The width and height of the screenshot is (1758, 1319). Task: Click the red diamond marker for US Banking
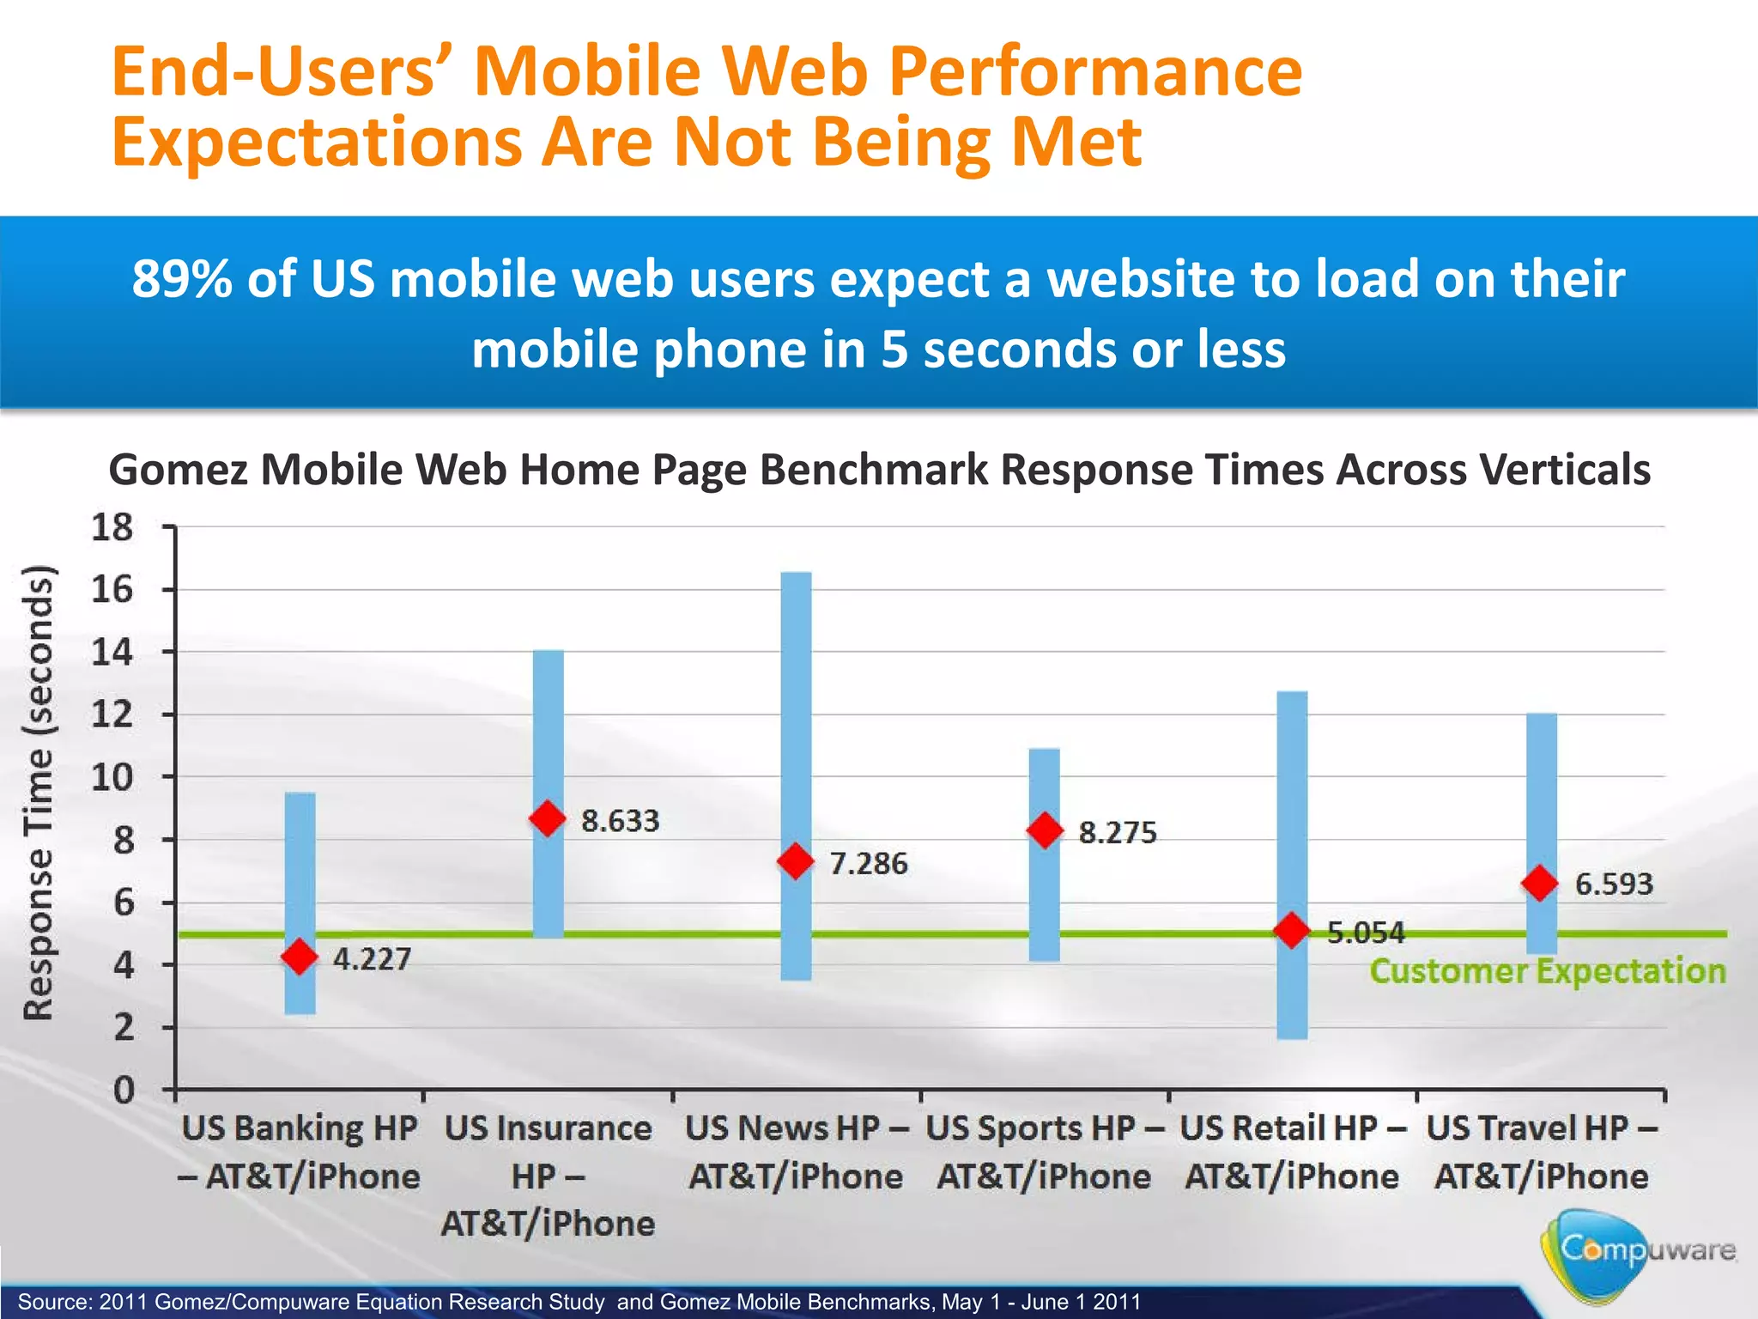click(x=300, y=956)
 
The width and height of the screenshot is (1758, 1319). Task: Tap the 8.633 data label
click(x=620, y=821)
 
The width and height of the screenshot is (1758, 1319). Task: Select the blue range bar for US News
click(x=796, y=704)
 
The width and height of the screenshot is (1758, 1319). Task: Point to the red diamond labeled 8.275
click(x=1045, y=830)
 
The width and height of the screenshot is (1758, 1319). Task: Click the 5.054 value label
click(x=1366, y=933)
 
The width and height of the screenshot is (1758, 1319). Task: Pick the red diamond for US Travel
click(x=1540, y=883)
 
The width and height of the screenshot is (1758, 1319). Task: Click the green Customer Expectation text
click(x=1547, y=971)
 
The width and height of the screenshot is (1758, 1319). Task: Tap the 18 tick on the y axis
click(x=112, y=527)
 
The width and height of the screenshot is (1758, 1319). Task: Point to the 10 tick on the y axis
click(x=112, y=778)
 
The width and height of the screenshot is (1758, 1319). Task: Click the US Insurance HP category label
click(x=548, y=1175)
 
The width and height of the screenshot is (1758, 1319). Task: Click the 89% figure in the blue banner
click(x=182, y=279)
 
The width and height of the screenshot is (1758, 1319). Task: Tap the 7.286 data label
click(x=868, y=863)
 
